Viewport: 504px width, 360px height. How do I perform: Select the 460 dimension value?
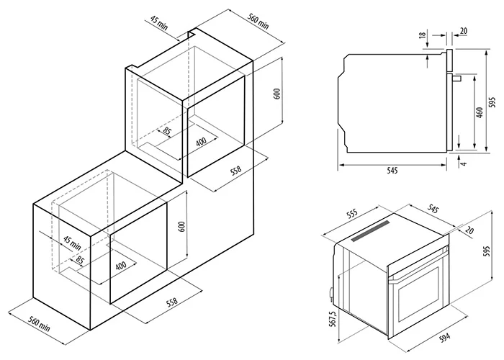(x=480, y=112)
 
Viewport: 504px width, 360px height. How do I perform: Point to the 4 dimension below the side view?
(x=463, y=163)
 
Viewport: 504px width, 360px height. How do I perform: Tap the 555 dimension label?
(x=352, y=214)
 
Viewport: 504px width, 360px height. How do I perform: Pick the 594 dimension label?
(x=445, y=337)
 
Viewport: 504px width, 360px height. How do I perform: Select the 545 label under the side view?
(x=392, y=171)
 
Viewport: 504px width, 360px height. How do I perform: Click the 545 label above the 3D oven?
(x=433, y=209)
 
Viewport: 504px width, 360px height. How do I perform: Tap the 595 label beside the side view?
(x=493, y=102)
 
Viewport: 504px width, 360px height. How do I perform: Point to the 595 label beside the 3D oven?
(x=487, y=251)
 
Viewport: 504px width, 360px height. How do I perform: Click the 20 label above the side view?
(x=463, y=31)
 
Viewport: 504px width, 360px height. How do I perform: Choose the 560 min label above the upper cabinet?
(x=258, y=22)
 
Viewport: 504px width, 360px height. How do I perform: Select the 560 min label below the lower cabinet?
(x=39, y=324)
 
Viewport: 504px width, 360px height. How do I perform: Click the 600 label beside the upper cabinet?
(x=279, y=93)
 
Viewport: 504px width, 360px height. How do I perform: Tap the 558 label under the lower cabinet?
(x=171, y=302)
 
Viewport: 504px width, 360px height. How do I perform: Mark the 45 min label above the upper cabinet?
(x=159, y=23)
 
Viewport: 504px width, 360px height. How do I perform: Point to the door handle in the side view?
(x=456, y=78)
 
